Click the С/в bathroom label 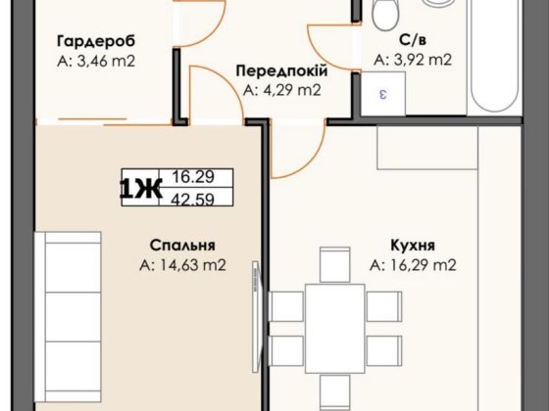coord(412,41)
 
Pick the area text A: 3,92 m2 coord(412,61)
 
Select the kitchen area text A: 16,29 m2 coord(414,264)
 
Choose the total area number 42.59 coord(192,201)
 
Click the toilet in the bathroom coord(385,14)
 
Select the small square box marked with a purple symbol coord(383,94)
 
